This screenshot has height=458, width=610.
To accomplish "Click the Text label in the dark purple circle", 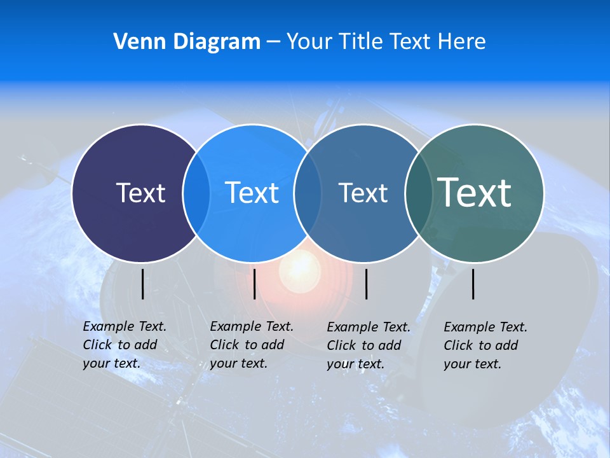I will pyautogui.click(x=140, y=193).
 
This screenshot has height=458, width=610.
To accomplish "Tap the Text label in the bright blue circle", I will pyautogui.click(x=252, y=193).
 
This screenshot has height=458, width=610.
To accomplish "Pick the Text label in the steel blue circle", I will pyautogui.click(x=363, y=193).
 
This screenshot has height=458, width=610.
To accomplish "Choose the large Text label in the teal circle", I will pyautogui.click(x=475, y=192).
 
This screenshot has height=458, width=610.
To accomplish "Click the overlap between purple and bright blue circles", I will pyautogui.click(x=196, y=193).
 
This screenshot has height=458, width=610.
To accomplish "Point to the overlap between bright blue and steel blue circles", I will pyautogui.click(x=308, y=193).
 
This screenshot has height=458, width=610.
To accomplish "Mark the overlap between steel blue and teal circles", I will pyautogui.click(x=418, y=193).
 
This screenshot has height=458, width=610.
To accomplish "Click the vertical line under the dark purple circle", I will pyautogui.click(x=142, y=284).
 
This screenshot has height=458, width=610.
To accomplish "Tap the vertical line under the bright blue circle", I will pyautogui.click(x=254, y=284).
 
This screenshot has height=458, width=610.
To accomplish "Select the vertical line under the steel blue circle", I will pyautogui.click(x=366, y=284).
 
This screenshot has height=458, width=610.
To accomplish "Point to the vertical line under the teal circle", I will pyautogui.click(x=473, y=284).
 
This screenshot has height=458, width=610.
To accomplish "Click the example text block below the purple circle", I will pyautogui.click(x=124, y=345).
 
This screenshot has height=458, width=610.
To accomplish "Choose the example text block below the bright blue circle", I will pyautogui.click(x=251, y=345).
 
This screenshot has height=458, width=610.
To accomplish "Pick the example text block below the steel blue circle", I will pyautogui.click(x=368, y=345).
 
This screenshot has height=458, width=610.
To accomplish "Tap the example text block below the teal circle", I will pyautogui.click(x=485, y=345).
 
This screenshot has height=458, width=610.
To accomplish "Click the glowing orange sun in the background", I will pyautogui.click(x=301, y=266).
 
